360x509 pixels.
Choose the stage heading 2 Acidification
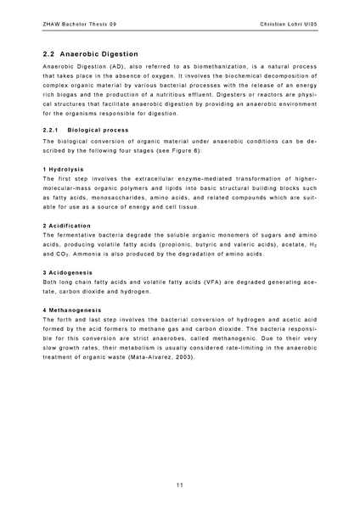click(x=67, y=226)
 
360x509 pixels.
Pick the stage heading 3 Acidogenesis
click(x=68, y=271)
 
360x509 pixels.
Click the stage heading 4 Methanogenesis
click(x=72, y=308)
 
